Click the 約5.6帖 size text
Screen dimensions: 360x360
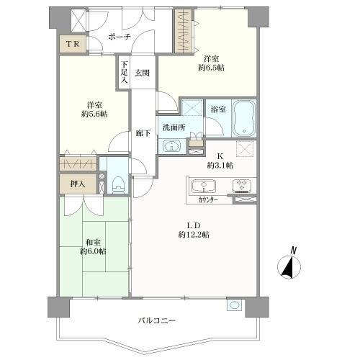pyautogui.click(x=94, y=114)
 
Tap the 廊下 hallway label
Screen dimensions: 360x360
pyautogui.click(x=142, y=132)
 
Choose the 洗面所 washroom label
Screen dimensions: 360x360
pyautogui.click(x=174, y=127)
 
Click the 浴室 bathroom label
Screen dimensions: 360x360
pyautogui.click(x=218, y=109)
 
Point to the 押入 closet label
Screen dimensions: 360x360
pyautogui.click(x=77, y=184)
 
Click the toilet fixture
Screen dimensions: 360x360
pyautogui.click(x=117, y=186)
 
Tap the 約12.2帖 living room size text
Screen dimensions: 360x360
pyautogui.click(x=194, y=235)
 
